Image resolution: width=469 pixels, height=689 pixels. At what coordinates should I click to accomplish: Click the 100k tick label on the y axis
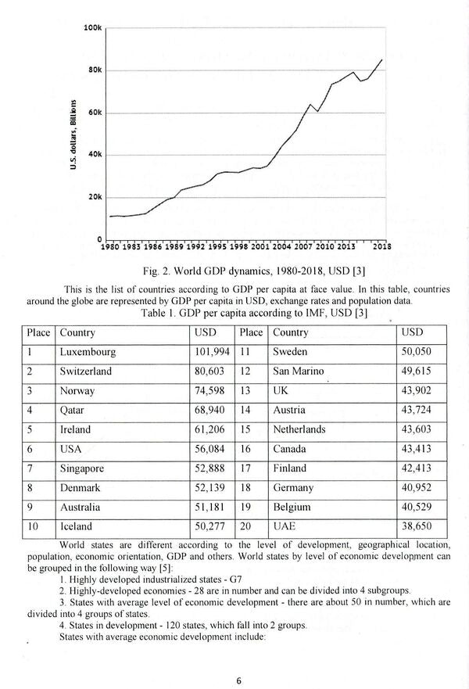(x=92, y=28)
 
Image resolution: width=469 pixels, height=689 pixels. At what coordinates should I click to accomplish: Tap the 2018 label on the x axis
(x=382, y=246)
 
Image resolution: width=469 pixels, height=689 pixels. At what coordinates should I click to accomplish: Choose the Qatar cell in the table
(x=73, y=410)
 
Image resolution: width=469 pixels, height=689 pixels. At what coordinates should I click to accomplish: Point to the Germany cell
(x=293, y=488)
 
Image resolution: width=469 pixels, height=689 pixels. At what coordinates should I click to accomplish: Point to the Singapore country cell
(x=82, y=468)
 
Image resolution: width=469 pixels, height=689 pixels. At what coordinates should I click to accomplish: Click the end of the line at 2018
(x=382, y=59)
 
